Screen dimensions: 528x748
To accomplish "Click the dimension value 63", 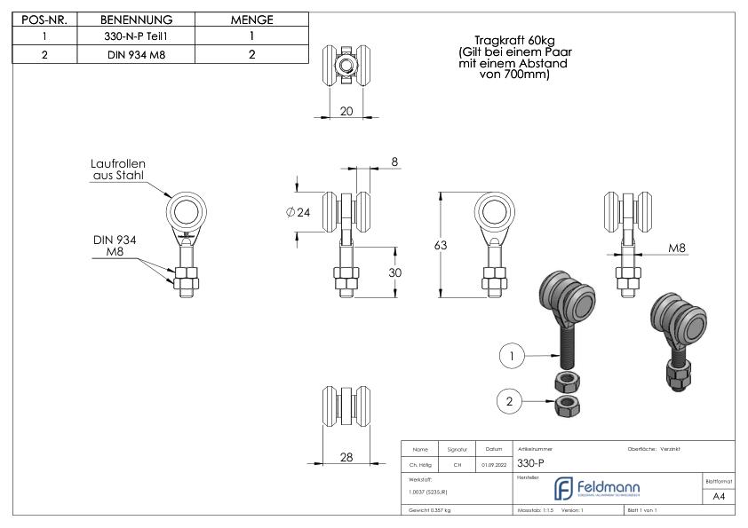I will click(x=440, y=245).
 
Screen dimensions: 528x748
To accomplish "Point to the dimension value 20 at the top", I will click(x=346, y=110).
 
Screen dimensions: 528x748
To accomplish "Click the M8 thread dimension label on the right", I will click(x=678, y=249).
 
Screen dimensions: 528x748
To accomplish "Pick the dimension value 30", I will click(x=396, y=272).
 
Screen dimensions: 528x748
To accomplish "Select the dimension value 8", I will click(x=394, y=162).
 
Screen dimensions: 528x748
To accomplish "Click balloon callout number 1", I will click(x=509, y=357).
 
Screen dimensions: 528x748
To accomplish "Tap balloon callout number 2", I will click(x=509, y=402).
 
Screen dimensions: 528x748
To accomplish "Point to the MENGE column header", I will click(x=251, y=20).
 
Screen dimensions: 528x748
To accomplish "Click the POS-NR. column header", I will click(x=44, y=20).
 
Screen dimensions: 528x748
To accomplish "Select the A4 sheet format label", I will click(x=719, y=496).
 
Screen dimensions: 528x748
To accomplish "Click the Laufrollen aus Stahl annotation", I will click(x=117, y=170).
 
